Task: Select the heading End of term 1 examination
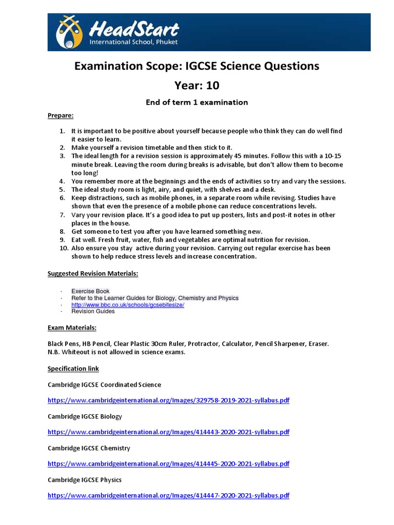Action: click(197, 102)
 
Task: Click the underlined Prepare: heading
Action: click(61, 115)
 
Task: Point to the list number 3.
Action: click(62, 156)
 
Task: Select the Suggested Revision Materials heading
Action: click(93, 274)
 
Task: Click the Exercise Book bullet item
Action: click(90, 291)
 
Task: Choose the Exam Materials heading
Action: click(72, 328)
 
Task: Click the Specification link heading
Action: click(73, 369)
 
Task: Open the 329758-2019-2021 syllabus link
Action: click(168, 400)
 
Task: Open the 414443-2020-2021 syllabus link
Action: click(168, 432)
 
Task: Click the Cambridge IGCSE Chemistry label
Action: click(89, 448)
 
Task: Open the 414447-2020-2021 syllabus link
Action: click(168, 495)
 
